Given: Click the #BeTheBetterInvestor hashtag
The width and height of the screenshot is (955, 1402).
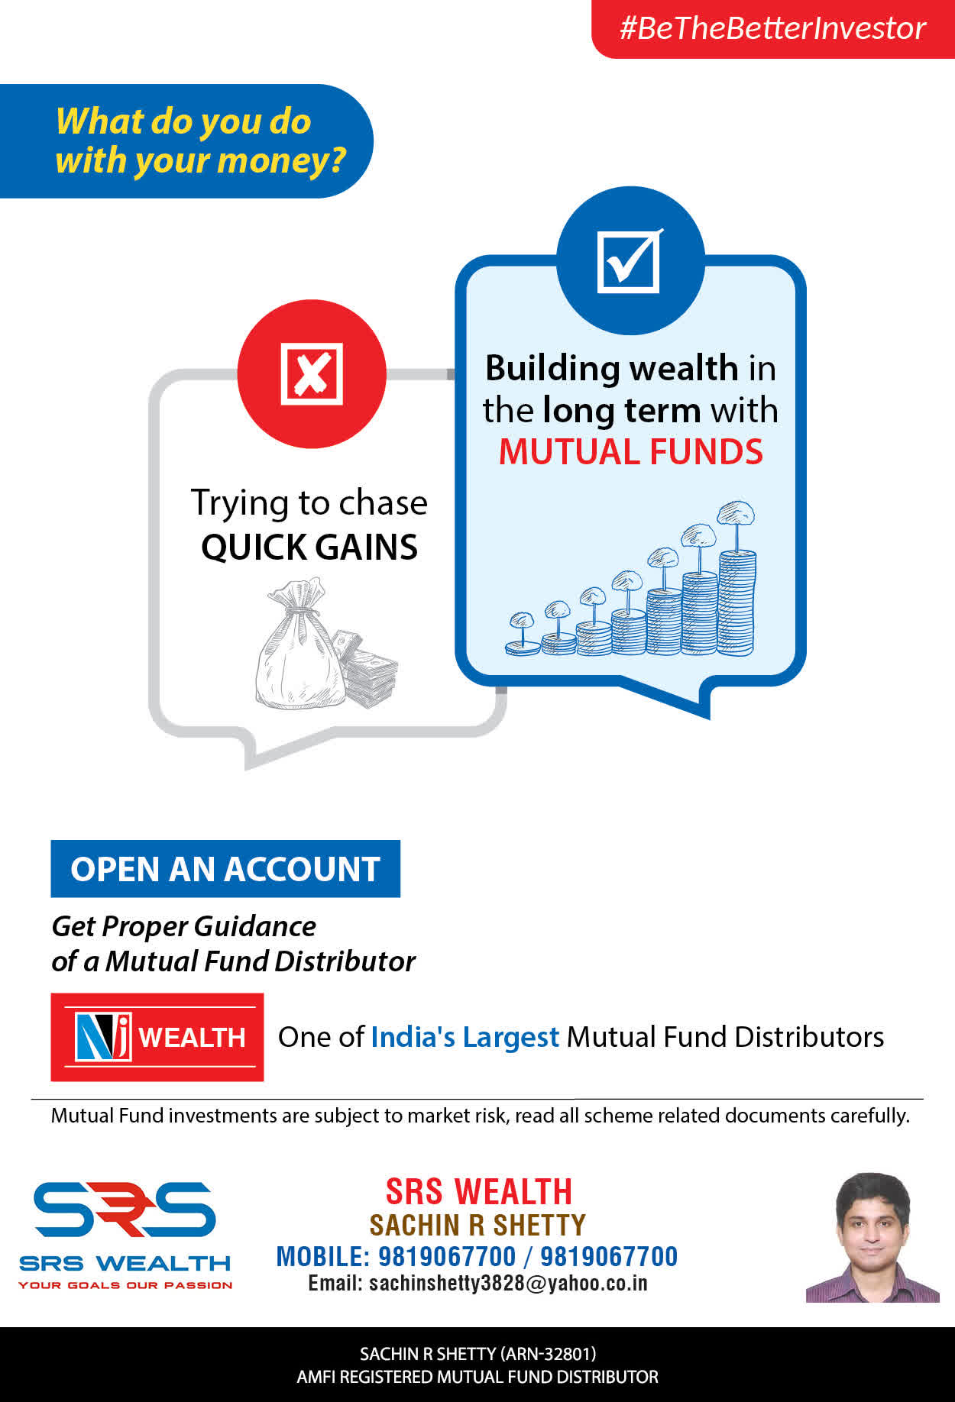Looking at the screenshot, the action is (772, 28).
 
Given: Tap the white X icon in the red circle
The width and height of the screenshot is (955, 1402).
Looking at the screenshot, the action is (312, 373).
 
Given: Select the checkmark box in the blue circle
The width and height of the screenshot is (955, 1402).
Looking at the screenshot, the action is (630, 260).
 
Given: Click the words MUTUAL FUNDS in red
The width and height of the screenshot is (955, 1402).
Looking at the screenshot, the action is (630, 451).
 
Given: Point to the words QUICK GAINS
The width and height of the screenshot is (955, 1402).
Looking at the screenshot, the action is (309, 547).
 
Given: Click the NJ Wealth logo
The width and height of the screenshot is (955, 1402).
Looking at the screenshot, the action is (157, 1036).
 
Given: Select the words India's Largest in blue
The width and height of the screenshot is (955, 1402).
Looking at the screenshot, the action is (465, 1037).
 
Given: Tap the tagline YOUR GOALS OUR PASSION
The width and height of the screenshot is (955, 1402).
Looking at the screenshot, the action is (125, 1285).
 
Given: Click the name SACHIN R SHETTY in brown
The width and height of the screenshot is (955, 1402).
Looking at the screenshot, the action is (477, 1225).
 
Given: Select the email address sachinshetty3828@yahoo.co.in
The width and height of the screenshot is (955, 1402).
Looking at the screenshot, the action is (477, 1283).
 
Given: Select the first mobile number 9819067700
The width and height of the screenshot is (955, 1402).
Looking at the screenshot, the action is (447, 1256).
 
